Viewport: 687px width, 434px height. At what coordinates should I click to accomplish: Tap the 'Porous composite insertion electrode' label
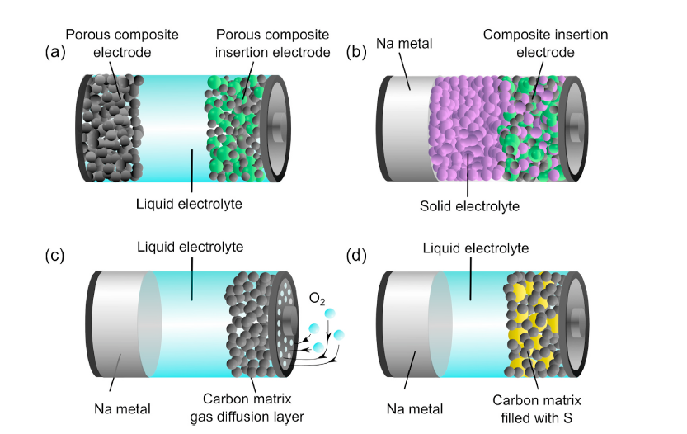(272, 43)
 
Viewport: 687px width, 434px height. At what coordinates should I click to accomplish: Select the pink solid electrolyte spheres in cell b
(466, 132)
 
